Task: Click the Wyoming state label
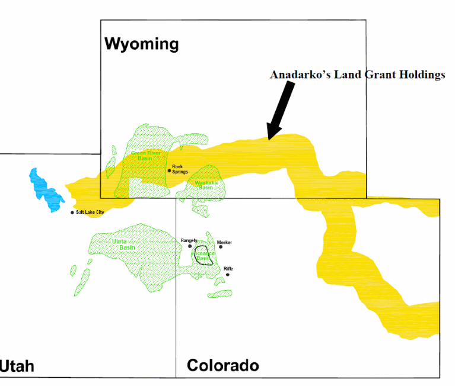point(141,44)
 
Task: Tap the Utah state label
point(17,366)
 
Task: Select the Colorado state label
point(223,365)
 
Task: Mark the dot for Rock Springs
point(169,171)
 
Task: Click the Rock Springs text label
point(180,169)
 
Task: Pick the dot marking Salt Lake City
point(72,213)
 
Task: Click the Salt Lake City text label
point(90,212)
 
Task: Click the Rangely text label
point(189,240)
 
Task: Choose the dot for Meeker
point(220,247)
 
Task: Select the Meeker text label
point(224,242)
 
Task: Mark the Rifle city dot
point(227,274)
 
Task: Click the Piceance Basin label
point(203,256)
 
